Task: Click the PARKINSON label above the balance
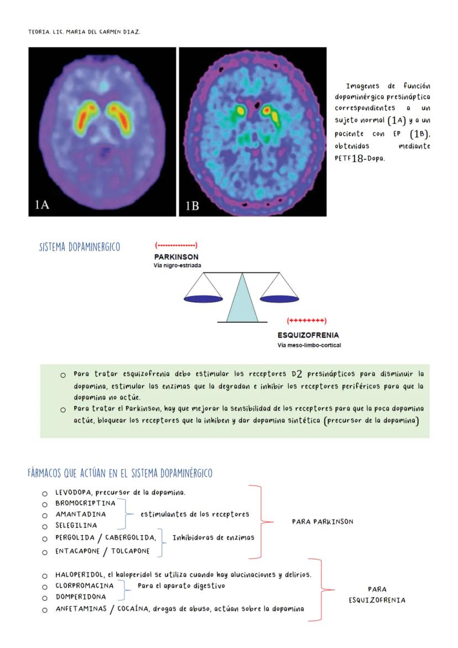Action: point(176,257)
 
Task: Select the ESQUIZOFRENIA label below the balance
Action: point(308,335)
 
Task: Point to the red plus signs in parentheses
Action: point(307,321)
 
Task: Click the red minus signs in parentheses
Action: point(176,245)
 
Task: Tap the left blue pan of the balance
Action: point(202,299)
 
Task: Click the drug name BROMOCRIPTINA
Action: point(86,503)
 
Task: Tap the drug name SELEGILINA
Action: point(76,525)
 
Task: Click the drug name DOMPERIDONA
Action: point(81,597)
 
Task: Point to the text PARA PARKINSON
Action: point(322,521)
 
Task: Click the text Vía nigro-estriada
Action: point(178,266)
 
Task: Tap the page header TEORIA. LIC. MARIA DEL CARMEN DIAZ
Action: point(85,32)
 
